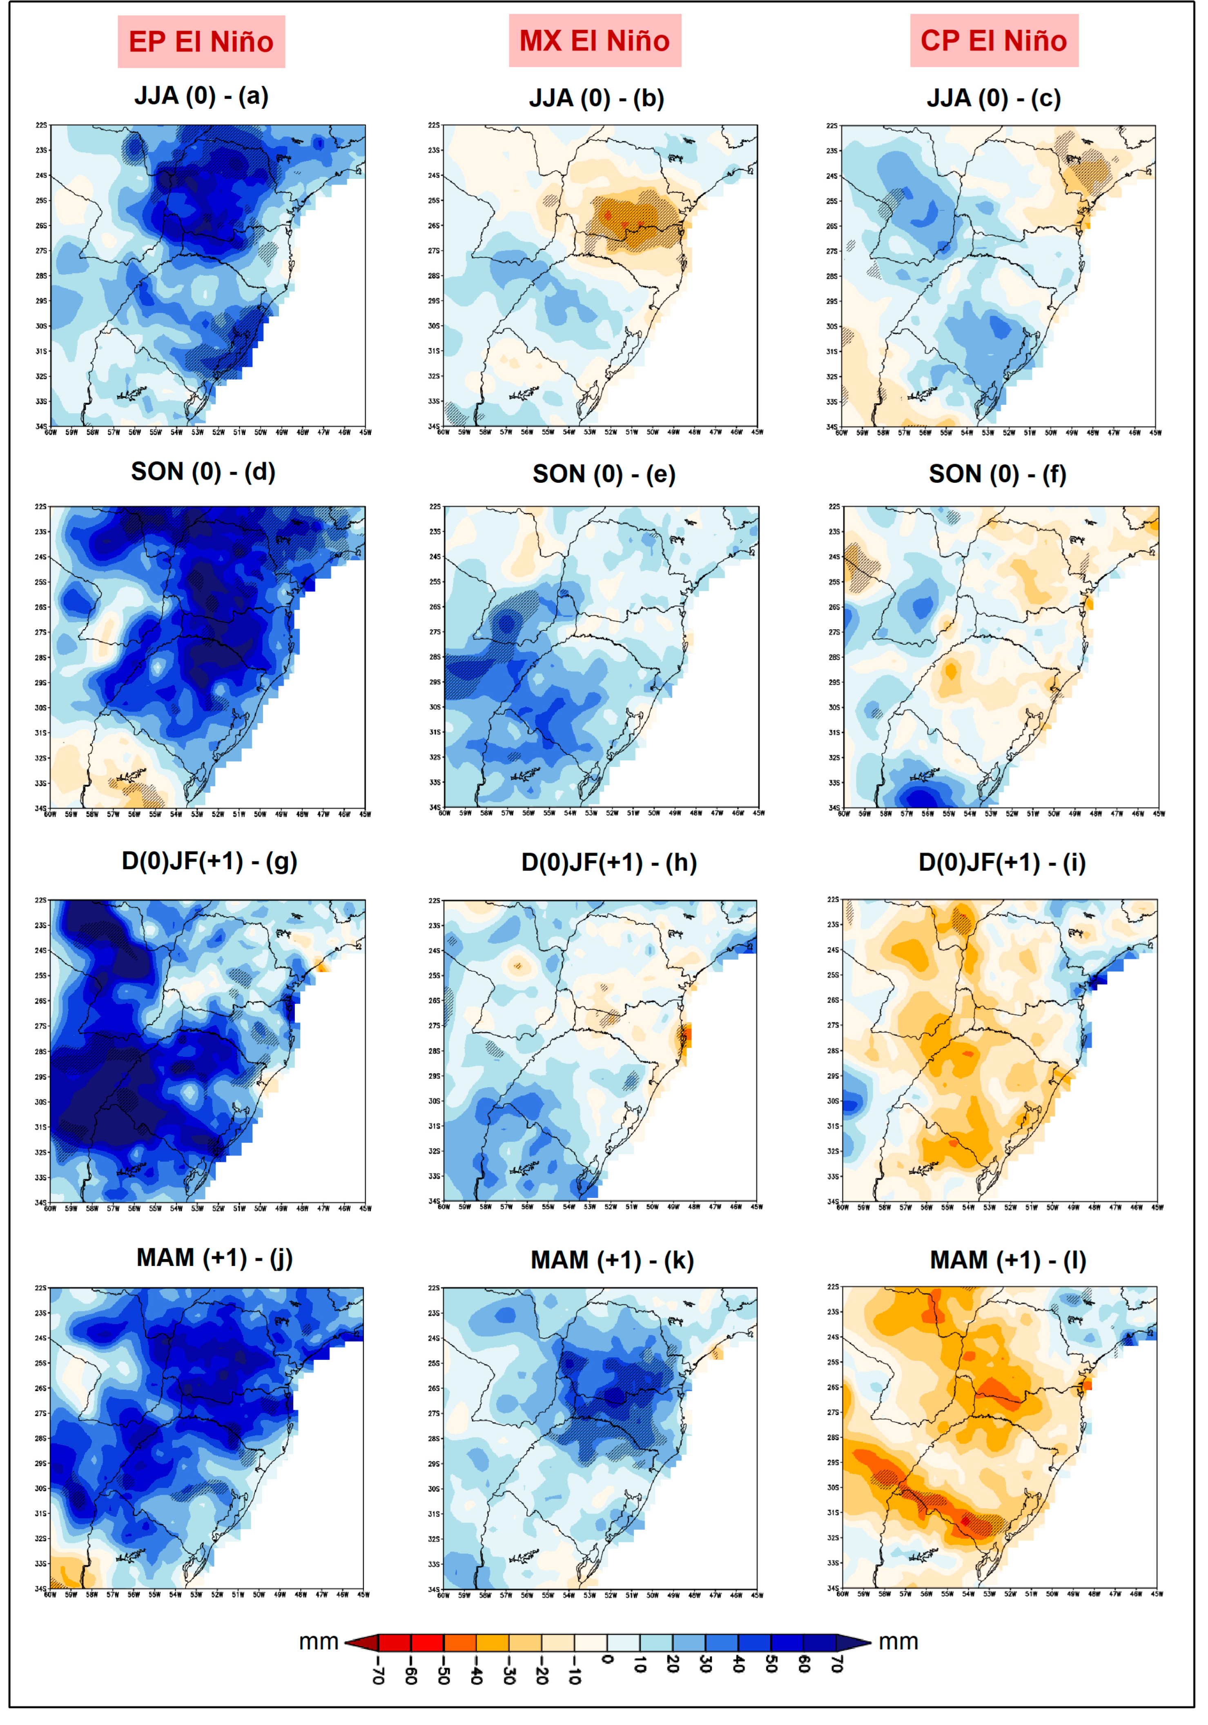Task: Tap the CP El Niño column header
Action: click(x=994, y=40)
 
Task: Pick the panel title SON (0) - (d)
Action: click(x=203, y=472)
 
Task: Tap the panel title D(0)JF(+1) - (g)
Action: click(x=209, y=861)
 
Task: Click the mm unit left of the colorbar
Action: click(x=319, y=1642)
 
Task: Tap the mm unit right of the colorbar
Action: click(x=898, y=1642)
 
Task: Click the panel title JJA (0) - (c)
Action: click(x=993, y=98)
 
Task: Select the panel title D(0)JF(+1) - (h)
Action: click(x=609, y=863)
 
